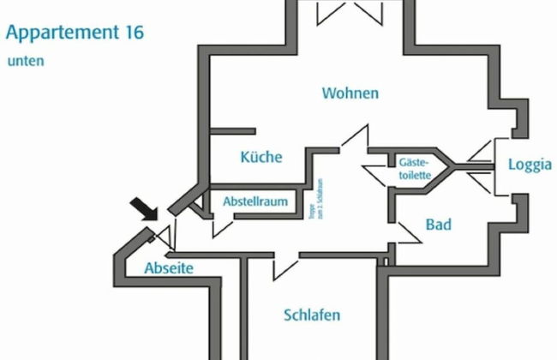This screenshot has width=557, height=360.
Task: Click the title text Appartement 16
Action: [75, 33]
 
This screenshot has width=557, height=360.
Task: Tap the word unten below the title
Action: [26, 62]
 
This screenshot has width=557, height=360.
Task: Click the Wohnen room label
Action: [350, 93]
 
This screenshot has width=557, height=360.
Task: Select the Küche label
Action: [261, 157]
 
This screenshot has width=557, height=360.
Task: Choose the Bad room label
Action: [438, 225]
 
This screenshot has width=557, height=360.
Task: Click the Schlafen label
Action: [312, 315]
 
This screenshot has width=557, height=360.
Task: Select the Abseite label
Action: [169, 268]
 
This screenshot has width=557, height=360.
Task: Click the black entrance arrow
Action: [143, 208]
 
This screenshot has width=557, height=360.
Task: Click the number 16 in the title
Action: [133, 33]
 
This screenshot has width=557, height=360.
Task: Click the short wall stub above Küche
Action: [231, 131]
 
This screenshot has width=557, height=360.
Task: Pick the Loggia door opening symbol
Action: [482, 167]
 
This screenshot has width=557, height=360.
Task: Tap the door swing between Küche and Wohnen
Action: [355, 137]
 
